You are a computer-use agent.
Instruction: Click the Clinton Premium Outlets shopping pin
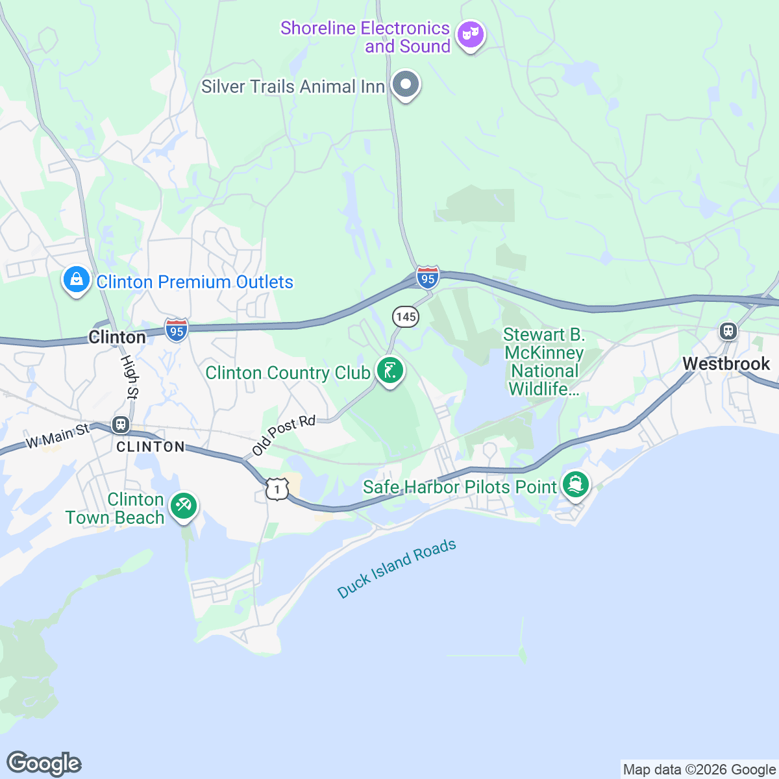[77, 280]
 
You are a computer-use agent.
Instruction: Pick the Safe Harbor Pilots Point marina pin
[575, 485]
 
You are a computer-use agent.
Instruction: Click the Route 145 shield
[406, 317]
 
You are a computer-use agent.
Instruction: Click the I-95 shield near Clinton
[177, 330]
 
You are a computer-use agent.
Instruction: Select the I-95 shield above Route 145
[428, 277]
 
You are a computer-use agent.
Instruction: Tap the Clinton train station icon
[120, 425]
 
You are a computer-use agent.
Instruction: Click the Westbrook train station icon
[728, 331]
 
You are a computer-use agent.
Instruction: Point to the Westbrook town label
[726, 364]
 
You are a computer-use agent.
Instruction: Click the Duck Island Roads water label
[397, 569]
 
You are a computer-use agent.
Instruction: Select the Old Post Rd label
[284, 435]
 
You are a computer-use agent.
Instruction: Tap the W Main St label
[57, 436]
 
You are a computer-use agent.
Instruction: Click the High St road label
[130, 377]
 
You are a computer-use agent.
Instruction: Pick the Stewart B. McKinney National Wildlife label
[544, 362]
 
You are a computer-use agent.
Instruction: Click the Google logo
[43, 763]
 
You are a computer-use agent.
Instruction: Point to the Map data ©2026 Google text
[699, 770]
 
